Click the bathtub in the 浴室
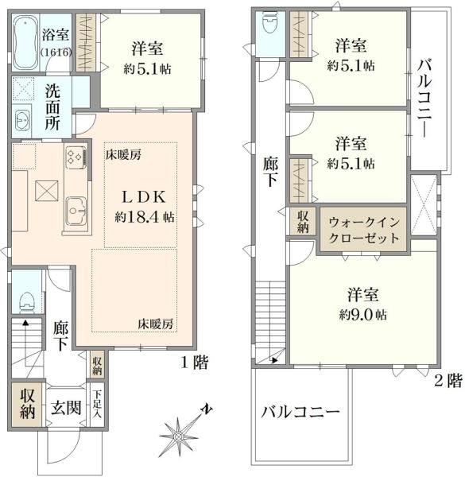[x=26, y=42]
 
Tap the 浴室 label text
[x=56, y=34]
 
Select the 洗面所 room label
[x=52, y=107]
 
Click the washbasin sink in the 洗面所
[x=22, y=119]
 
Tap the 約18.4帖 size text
[x=145, y=218]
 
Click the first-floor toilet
[x=27, y=302]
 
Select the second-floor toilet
[x=270, y=22]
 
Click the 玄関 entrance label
[x=66, y=408]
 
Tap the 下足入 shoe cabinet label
[x=97, y=403]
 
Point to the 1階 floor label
[x=195, y=363]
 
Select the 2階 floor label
[x=448, y=381]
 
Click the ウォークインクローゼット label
[x=364, y=230]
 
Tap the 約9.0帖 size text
[x=362, y=315]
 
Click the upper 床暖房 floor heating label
[x=123, y=155]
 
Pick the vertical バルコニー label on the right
[x=424, y=98]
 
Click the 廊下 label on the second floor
[x=270, y=172]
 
